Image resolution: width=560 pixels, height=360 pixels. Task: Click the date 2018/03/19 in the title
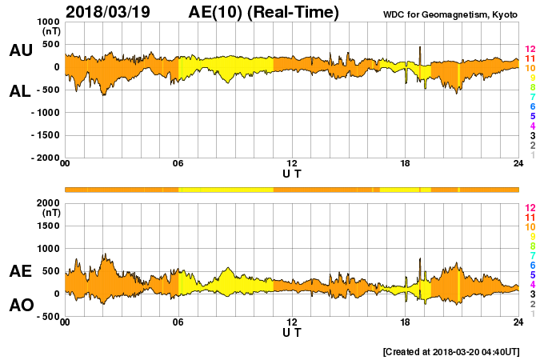coord(110,12)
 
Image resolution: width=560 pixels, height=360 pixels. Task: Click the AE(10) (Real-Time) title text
coord(263,12)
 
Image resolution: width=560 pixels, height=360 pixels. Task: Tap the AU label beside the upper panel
coord(21,50)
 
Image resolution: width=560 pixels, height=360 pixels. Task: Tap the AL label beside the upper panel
coord(21,91)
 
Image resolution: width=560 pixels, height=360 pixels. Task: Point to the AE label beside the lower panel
coord(21,272)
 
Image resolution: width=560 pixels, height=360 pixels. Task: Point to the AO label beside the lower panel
coord(21,306)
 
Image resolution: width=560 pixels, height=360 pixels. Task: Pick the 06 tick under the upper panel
coord(178,164)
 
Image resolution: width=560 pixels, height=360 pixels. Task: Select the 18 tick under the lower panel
coord(406,322)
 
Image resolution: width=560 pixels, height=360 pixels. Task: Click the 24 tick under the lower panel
coord(518,322)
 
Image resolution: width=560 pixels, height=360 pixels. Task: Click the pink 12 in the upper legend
coord(530,50)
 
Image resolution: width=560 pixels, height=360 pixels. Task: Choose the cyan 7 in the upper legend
coord(532,97)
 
